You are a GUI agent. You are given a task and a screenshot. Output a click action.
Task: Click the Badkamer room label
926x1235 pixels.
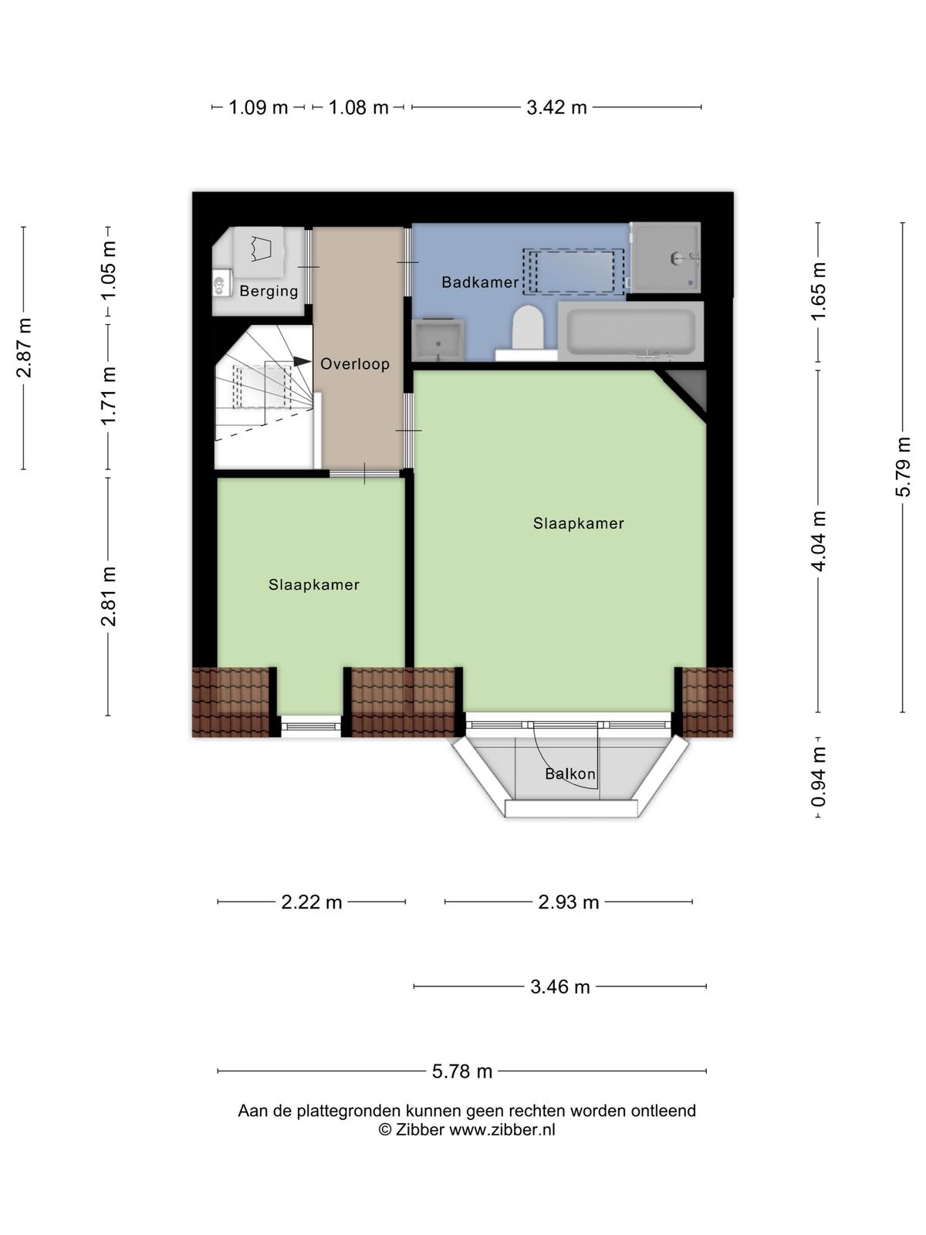coord(479,282)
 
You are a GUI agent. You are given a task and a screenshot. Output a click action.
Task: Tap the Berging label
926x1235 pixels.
coord(269,291)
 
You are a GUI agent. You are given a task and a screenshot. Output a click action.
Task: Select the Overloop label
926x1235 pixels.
coord(355,364)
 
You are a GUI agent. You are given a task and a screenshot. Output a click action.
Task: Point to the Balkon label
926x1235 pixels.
coord(570,774)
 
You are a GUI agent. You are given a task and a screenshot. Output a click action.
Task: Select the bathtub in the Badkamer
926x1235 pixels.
coord(630,331)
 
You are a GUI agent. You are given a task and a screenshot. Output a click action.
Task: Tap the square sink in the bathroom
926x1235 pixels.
coord(438,340)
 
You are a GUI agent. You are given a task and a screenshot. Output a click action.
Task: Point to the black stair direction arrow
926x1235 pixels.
coord(302,361)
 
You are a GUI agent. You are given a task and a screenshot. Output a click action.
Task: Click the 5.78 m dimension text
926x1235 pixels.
coord(462,1072)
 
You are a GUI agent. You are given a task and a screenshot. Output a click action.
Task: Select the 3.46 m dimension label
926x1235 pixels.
coord(560,987)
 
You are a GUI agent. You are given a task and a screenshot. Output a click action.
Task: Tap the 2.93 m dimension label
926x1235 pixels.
coord(569,902)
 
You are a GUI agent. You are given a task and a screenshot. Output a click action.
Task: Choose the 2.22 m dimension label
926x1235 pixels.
coord(312,902)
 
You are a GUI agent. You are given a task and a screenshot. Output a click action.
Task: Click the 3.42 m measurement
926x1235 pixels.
coord(556,107)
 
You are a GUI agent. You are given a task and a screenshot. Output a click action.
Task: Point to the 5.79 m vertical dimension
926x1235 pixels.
coord(902,466)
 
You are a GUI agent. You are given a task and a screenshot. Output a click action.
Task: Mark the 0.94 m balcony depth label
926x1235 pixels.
coord(818,777)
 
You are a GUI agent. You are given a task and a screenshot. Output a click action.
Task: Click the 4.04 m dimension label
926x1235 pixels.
coord(818,541)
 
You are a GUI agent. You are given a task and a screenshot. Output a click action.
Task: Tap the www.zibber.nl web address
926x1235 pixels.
coord(502,1130)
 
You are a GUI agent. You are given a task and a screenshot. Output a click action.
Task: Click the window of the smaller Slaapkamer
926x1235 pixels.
coord(311,726)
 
